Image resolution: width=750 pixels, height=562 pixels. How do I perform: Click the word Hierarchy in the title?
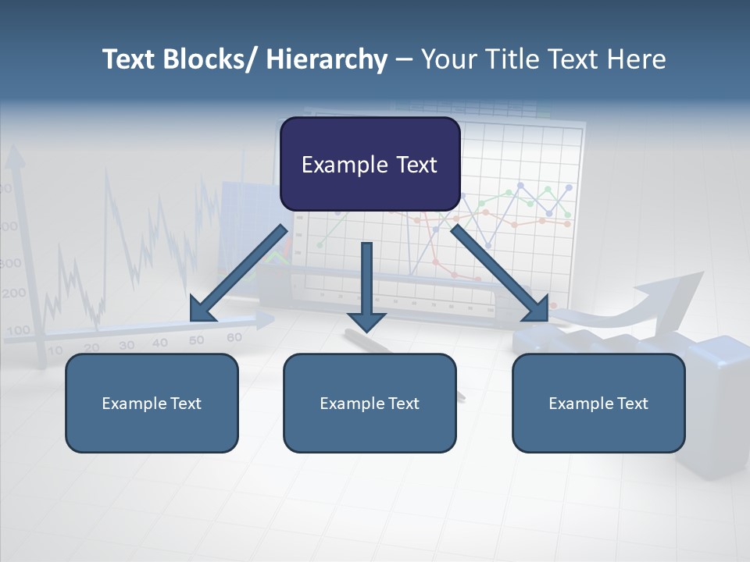pos(327,59)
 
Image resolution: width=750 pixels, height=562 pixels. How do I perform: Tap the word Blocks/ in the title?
pos(205,59)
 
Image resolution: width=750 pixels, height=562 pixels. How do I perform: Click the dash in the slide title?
pos(404,61)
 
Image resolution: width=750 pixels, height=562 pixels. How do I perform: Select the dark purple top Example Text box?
pos(370,164)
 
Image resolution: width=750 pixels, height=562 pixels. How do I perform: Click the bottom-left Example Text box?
pos(152,403)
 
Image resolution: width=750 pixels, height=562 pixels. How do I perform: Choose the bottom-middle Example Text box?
pos(370,403)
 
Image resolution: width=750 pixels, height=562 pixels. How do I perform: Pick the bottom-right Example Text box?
pos(598,403)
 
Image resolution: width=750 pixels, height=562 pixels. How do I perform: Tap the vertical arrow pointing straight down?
pos(366,287)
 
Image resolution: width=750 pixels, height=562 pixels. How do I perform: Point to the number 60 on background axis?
pos(234,337)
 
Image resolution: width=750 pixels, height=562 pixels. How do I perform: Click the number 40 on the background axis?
pos(160,343)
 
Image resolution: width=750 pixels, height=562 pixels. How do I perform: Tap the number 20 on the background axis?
pos(91,348)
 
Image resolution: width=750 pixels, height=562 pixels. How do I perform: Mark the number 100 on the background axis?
pos(18,329)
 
